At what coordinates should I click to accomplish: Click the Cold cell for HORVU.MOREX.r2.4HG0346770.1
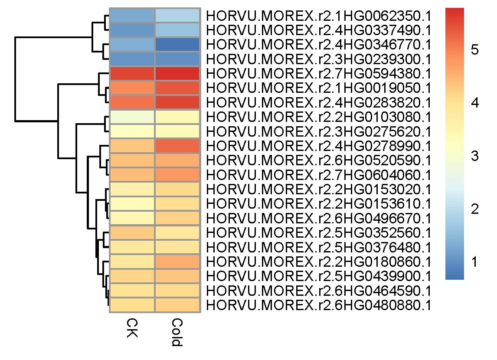(x=177, y=44)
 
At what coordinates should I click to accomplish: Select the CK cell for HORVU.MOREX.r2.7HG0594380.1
(x=132, y=73)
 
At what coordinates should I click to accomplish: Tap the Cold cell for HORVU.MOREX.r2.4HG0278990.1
(x=177, y=145)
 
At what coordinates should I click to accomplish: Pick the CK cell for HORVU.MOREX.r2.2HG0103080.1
(x=132, y=117)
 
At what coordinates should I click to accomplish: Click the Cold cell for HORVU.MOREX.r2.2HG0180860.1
(x=177, y=262)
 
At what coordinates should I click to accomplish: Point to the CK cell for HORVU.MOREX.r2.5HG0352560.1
(x=132, y=232)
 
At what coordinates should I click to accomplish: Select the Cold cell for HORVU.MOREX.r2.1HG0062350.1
(x=177, y=15)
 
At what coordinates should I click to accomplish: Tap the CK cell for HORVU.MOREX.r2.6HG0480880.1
(x=132, y=305)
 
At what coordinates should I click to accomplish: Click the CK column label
(x=132, y=328)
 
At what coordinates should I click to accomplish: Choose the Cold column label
(x=177, y=332)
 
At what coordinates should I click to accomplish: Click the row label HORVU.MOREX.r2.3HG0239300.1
(x=319, y=59)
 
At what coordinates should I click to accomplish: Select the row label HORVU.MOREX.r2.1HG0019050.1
(x=319, y=88)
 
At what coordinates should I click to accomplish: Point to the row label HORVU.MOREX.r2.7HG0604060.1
(x=319, y=175)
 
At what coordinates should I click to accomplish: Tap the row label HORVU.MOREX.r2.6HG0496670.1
(x=319, y=218)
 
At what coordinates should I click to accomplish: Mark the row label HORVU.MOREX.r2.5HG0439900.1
(x=319, y=276)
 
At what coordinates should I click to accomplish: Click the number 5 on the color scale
(x=474, y=50)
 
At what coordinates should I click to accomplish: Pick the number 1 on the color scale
(x=474, y=262)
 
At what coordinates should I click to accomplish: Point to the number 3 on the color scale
(x=474, y=156)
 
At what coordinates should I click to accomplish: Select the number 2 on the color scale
(x=474, y=209)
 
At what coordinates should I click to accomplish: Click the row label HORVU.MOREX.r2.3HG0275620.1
(x=319, y=131)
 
